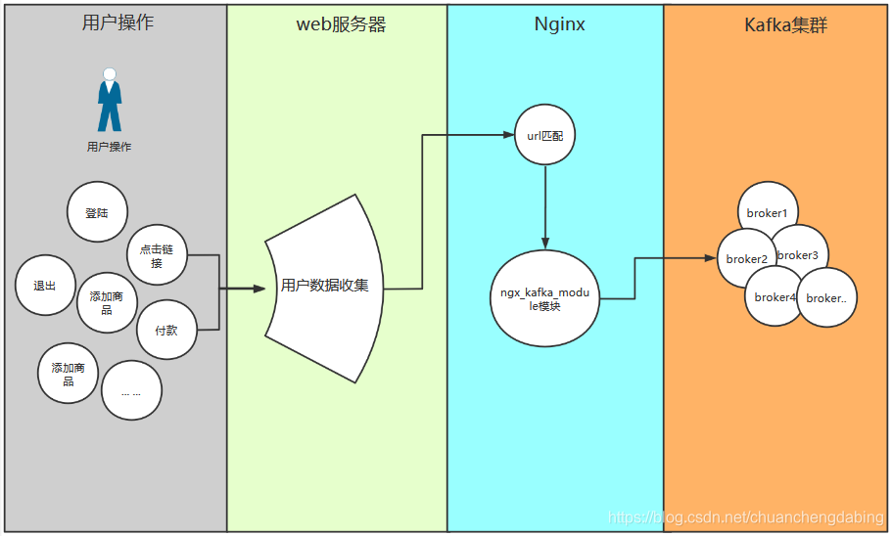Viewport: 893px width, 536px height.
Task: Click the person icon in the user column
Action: pos(110,100)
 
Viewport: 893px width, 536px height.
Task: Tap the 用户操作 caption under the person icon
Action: pos(109,147)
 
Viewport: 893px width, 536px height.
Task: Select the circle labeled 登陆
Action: pos(97,212)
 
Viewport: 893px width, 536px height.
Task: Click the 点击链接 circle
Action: pos(157,255)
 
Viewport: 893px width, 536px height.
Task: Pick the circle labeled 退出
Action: pos(45,286)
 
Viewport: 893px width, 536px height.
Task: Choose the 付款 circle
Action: pos(166,331)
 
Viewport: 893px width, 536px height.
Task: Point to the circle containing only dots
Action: pos(131,390)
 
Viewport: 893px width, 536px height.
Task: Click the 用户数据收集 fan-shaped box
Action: pos(323,286)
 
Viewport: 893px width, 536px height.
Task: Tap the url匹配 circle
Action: pos(545,135)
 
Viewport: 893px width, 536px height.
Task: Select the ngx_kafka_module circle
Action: pos(545,299)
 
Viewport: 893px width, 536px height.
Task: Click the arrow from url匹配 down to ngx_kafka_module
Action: pos(545,205)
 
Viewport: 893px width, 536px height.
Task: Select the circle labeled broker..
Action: pos(827,297)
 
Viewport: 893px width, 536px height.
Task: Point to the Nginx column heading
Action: pos(559,24)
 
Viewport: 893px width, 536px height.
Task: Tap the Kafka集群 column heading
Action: pos(785,25)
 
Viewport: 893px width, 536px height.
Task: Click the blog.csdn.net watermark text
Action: pos(745,516)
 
